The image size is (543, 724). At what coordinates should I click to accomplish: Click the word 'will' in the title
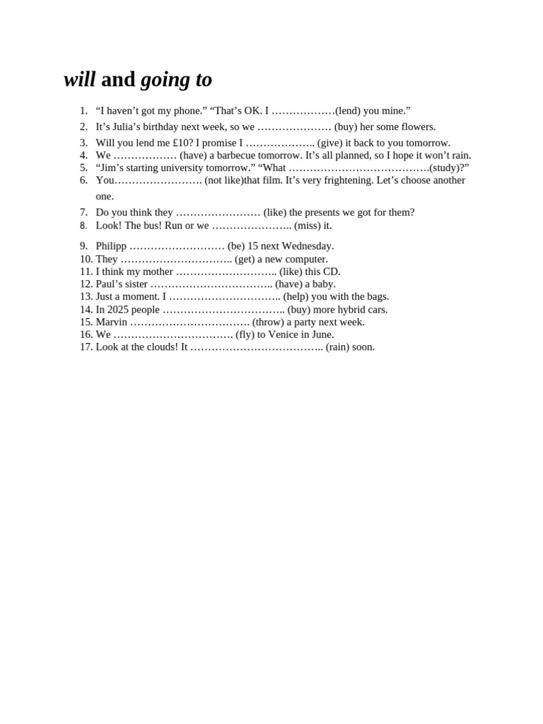(79, 80)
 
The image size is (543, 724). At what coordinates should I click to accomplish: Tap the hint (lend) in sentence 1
(347, 111)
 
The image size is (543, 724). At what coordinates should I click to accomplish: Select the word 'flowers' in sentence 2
(416, 127)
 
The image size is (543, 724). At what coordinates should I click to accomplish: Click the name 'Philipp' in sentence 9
(111, 246)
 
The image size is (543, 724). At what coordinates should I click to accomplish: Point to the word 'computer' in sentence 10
(306, 259)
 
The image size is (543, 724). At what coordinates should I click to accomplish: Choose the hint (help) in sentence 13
(296, 297)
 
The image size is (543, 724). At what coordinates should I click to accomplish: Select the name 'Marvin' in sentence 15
(112, 322)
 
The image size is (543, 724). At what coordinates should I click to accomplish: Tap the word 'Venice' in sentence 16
(285, 334)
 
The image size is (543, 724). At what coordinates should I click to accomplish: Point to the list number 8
(83, 226)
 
